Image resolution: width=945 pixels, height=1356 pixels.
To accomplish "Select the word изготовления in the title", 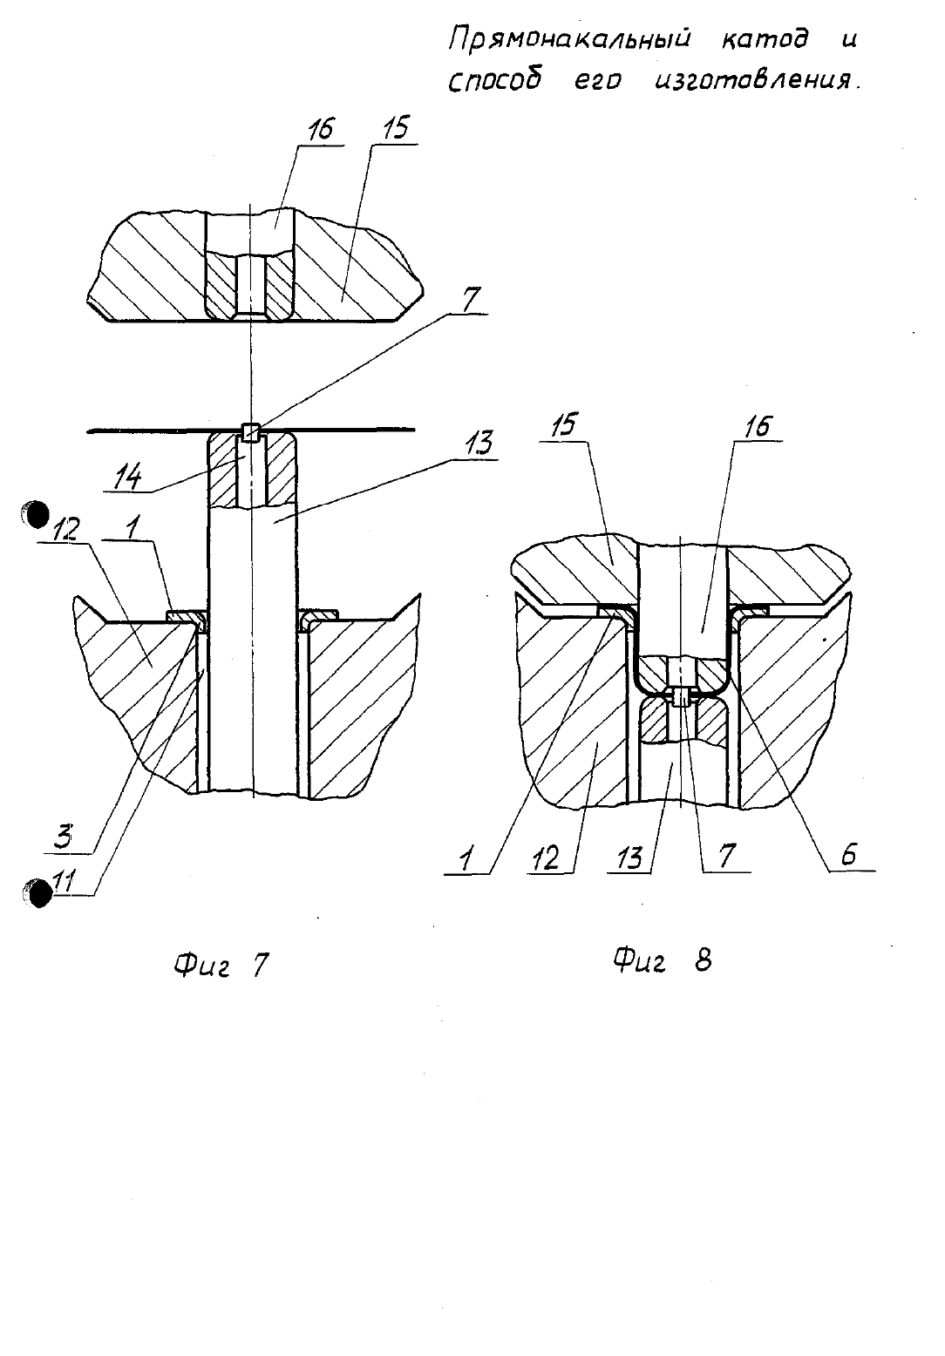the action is (x=758, y=81).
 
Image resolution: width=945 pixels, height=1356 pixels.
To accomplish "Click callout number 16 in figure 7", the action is (x=320, y=129).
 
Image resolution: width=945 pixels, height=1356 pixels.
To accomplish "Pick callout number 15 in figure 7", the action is (x=395, y=128).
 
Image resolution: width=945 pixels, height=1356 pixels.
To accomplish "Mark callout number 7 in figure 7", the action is (x=471, y=300).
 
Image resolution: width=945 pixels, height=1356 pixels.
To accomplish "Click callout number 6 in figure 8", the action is (x=849, y=855).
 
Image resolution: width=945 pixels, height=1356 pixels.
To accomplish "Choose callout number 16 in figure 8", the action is (x=758, y=426).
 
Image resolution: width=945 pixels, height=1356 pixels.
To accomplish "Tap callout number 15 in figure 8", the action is (x=564, y=426).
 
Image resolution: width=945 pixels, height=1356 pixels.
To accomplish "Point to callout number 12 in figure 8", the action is (x=547, y=858).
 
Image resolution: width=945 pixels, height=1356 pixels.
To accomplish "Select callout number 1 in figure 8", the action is (x=465, y=859).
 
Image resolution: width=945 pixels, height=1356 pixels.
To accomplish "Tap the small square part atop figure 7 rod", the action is (x=250, y=432).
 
